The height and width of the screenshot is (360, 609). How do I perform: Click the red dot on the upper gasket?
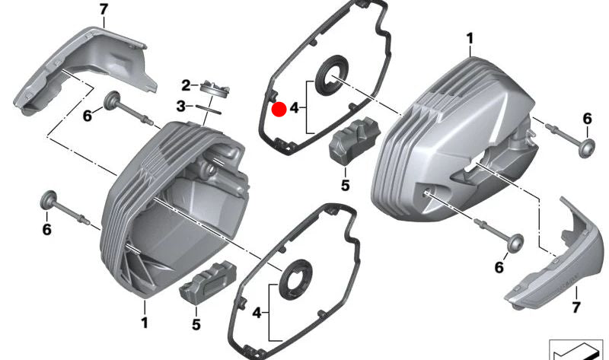coord(279,110)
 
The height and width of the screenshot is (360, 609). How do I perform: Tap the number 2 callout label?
coord(185,84)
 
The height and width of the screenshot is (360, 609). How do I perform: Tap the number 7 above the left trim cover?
coord(104,9)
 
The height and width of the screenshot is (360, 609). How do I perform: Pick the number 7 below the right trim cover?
coord(575,308)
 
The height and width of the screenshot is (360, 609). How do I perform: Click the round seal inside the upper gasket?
coord(333,76)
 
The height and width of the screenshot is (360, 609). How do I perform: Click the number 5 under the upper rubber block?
coord(344,184)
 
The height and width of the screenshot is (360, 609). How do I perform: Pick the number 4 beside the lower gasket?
coord(257,313)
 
